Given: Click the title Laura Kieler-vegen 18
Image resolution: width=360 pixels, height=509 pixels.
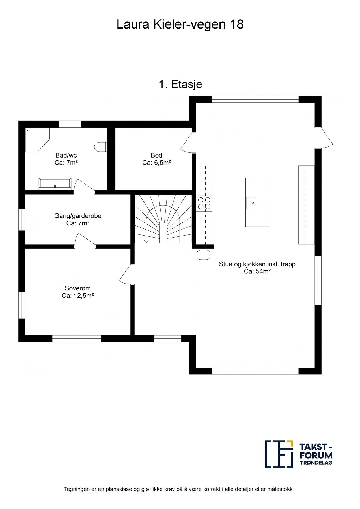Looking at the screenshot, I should (180, 25).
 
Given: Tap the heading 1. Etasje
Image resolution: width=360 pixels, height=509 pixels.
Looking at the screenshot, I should (180, 84).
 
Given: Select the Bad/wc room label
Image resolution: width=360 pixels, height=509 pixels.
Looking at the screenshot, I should (66, 155).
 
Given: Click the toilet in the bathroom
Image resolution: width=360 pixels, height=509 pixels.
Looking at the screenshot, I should (100, 147).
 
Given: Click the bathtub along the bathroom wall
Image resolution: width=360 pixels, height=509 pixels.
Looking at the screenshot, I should (55, 184).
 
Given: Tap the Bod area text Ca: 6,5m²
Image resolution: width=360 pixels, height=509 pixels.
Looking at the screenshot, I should (156, 163).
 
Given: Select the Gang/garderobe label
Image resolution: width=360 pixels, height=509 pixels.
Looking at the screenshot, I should (78, 216).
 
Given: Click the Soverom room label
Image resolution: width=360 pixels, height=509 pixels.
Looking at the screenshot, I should (78, 288).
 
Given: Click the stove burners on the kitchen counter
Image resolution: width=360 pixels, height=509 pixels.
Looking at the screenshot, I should (204, 203).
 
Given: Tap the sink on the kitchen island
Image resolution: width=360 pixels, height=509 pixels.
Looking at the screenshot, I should (251, 203).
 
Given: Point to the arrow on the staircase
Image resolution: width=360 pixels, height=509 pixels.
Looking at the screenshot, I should (146, 240).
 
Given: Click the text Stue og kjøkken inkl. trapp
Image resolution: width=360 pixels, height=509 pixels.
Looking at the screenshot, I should (257, 264).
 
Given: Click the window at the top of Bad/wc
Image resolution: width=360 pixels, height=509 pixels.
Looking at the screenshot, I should (70, 124).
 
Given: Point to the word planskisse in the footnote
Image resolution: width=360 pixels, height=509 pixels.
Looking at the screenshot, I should (119, 489).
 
